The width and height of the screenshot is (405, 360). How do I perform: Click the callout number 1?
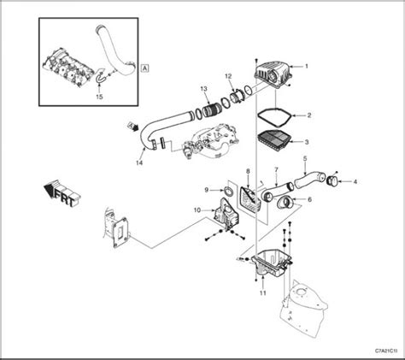point(307,66)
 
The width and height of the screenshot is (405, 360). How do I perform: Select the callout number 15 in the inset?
point(99,97)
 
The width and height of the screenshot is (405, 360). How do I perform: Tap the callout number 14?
point(139,162)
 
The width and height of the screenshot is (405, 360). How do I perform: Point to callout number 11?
point(263,292)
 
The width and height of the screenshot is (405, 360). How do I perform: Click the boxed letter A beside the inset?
point(145,68)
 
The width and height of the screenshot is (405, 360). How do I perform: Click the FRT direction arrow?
point(62,194)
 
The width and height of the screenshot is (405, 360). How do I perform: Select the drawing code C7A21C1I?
point(386,351)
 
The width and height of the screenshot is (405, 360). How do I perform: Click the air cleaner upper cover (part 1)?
point(272,74)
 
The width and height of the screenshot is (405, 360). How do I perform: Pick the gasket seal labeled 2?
point(274,116)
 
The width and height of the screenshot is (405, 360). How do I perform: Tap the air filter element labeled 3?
point(274,139)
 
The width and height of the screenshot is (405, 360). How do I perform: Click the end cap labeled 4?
point(332,180)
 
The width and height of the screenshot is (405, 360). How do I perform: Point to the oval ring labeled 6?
point(286,203)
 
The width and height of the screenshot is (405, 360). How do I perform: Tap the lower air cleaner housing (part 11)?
point(272,263)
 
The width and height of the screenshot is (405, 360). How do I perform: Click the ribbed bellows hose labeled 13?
point(211,111)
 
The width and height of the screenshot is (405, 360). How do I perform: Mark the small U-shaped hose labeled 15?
point(98,77)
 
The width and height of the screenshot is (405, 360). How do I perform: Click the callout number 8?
point(248,171)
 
